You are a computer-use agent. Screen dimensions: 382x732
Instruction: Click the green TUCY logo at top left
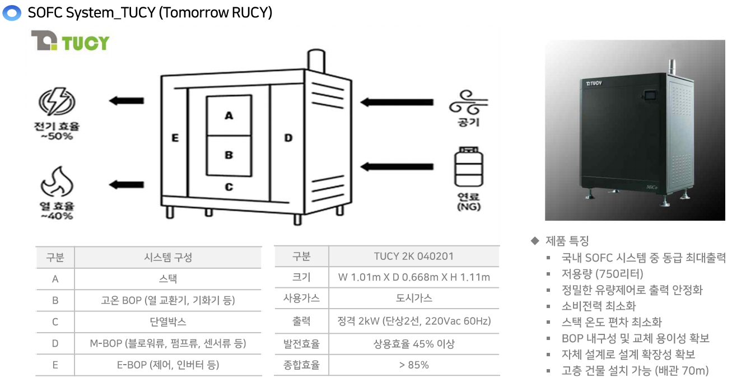(70, 42)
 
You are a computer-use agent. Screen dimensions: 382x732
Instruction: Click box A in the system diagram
(229, 115)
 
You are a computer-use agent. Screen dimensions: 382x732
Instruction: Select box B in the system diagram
(229, 155)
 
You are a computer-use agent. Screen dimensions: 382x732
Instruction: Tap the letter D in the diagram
(288, 138)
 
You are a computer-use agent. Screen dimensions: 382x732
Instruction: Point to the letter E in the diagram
(175, 138)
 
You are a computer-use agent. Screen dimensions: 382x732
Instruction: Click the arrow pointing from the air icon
(389, 102)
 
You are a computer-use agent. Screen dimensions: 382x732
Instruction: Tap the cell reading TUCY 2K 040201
(413, 257)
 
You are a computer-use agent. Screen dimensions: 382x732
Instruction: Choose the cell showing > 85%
(413, 365)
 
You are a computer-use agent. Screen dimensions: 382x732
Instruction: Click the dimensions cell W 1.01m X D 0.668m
(413, 277)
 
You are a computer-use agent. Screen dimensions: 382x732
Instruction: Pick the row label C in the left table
(55, 322)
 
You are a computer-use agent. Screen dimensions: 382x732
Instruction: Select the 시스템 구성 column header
(167, 258)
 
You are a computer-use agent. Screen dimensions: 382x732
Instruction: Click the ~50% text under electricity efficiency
(57, 136)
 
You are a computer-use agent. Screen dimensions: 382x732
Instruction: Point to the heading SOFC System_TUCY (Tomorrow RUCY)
(150, 12)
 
